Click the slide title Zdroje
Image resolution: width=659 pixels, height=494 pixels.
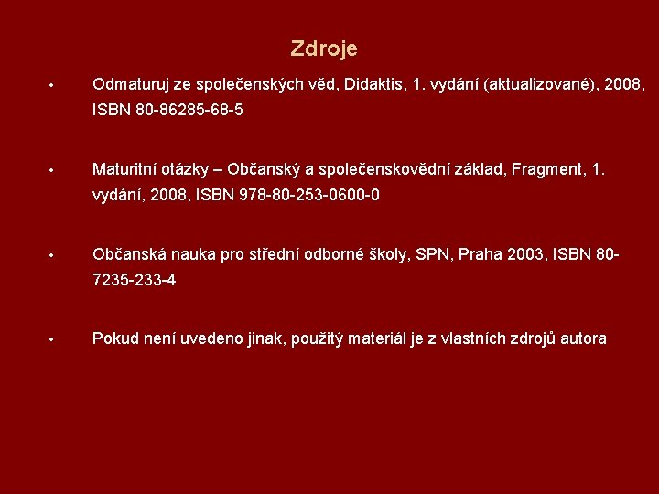coord(324,48)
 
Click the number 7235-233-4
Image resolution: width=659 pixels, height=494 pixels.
coord(135,280)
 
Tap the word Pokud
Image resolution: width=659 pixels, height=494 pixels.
coord(115,338)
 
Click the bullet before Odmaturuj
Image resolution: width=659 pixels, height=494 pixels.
coord(52,86)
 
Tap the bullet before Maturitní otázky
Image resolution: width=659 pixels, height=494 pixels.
coord(52,171)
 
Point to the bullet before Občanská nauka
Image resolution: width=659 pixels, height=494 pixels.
coord(52,255)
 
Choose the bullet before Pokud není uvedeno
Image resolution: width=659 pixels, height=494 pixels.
coord(52,340)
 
